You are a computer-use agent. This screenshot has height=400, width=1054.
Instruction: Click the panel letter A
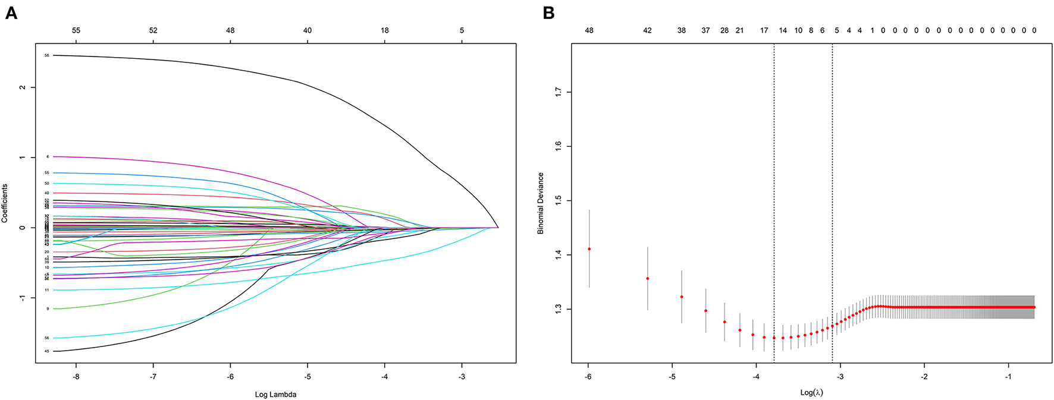tap(11, 12)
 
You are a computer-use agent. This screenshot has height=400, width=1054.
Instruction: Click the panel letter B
tap(548, 12)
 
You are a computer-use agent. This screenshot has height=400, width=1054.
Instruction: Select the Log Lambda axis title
tap(275, 394)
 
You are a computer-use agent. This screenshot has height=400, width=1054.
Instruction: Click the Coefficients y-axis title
tap(5, 203)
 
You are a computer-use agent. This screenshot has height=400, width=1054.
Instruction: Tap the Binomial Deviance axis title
tap(541, 203)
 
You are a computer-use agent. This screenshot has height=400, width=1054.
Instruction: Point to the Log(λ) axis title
tap(811, 392)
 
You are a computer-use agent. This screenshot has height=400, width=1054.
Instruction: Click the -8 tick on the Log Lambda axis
tap(76, 377)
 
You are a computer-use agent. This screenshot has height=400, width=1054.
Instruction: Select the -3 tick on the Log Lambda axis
tap(462, 377)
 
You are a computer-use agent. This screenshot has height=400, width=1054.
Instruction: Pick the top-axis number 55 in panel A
tap(76, 30)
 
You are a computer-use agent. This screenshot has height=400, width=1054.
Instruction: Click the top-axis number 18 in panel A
tap(385, 30)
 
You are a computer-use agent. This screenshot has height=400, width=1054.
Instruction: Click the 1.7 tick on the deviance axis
tap(558, 92)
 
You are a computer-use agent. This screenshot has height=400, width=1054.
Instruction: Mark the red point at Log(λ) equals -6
tap(589, 249)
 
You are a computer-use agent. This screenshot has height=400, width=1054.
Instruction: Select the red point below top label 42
tap(647, 278)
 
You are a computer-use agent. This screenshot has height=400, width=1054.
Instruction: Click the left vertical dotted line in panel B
tap(774, 202)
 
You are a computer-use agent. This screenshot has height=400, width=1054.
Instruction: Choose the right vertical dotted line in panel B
tap(832, 202)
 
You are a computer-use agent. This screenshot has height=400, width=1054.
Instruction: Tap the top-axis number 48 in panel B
tap(589, 30)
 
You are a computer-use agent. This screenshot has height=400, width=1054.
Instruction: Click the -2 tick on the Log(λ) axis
tap(924, 377)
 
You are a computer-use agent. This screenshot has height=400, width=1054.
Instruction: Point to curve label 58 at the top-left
tap(46, 55)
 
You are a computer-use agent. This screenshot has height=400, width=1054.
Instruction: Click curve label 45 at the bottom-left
tap(46, 351)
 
